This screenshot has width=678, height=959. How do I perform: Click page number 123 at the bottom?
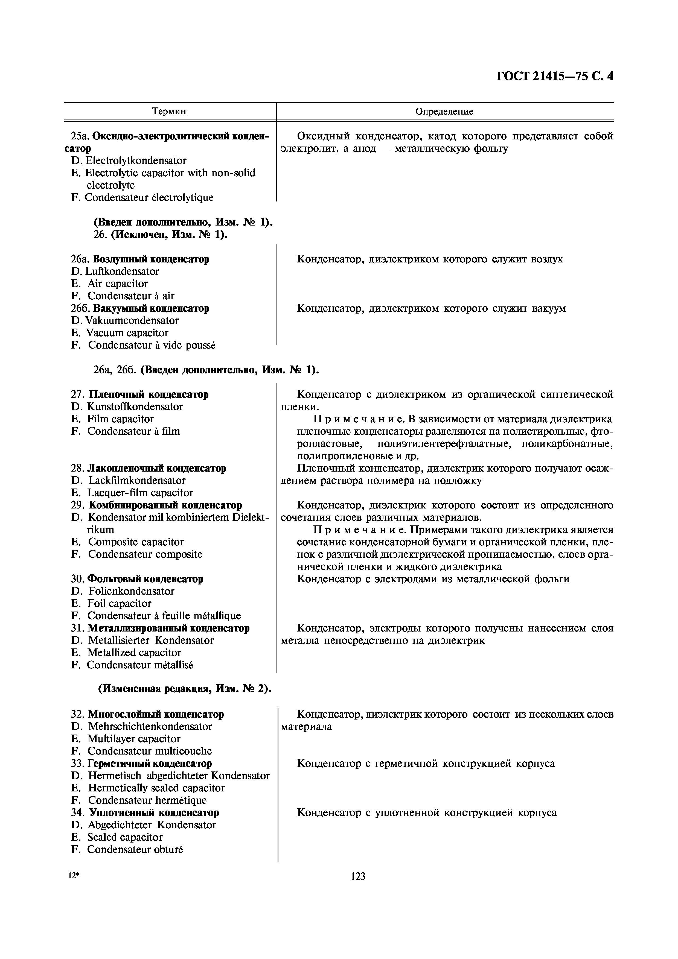[x=358, y=876]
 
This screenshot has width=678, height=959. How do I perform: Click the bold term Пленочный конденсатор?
[x=149, y=394]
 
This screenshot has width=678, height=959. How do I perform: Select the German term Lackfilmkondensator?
[x=136, y=480]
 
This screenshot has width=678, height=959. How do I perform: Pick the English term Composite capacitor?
[x=136, y=542]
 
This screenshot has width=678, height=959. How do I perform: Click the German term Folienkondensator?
[x=131, y=591]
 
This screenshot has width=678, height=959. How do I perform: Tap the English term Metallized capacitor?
[x=134, y=653]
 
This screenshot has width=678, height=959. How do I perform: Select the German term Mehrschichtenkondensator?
[x=150, y=726]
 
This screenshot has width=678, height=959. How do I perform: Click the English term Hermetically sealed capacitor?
[x=156, y=788]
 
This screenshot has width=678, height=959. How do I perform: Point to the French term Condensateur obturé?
[x=135, y=849]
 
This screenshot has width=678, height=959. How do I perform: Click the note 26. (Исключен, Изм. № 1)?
[x=161, y=234]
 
